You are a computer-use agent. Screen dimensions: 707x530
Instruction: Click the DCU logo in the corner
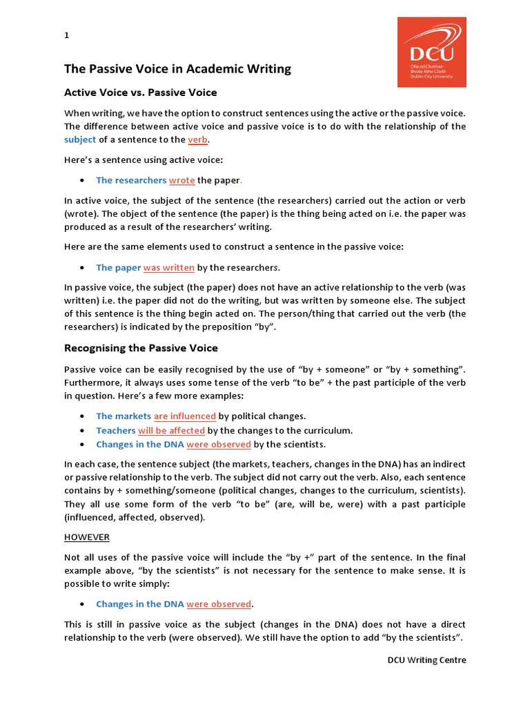pos(431,52)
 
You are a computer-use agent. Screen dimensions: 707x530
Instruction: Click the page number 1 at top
pos(66,36)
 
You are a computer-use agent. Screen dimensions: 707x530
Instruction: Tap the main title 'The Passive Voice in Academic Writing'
pos(177,69)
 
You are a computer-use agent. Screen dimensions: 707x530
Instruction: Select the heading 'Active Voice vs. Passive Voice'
pos(140,93)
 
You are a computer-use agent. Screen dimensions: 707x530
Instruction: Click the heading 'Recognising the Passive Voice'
pos(141,347)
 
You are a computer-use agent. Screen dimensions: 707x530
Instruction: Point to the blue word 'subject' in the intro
pos(80,139)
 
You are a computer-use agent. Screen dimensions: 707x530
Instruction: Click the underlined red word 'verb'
pos(197,139)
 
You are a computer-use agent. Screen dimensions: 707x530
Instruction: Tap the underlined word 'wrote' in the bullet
pos(182,180)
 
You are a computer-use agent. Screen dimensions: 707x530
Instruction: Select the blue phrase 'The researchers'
pos(131,180)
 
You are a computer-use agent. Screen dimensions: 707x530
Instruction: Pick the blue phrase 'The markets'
pos(124,416)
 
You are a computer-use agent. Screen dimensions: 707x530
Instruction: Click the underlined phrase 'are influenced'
pos(185,416)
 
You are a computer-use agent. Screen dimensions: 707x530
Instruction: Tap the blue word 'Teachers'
pos(115,430)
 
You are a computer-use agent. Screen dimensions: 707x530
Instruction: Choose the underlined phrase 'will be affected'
pos(171,430)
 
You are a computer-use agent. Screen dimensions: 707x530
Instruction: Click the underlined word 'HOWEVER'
pos(87,536)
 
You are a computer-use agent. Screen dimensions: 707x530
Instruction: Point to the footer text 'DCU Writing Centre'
pos(426,660)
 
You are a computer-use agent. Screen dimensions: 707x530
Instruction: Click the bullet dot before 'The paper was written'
pos(81,268)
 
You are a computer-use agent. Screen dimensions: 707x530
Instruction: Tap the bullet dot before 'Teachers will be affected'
pos(81,430)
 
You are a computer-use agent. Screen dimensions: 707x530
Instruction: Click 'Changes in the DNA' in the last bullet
pos(140,604)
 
